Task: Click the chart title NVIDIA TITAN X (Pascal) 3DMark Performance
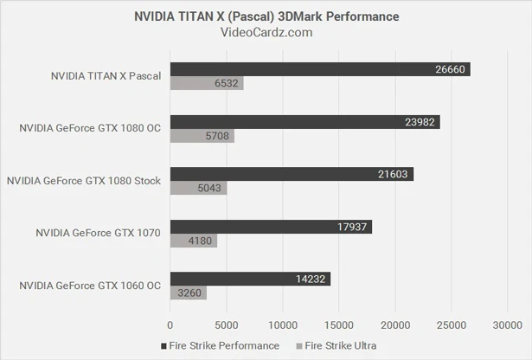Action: (x=266, y=16)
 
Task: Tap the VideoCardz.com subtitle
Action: (x=266, y=33)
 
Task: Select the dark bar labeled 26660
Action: (x=320, y=69)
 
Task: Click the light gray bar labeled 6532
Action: (x=207, y=84)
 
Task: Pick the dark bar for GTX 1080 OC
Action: (x=304, y=122)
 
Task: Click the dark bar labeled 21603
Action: (x=292, y=174)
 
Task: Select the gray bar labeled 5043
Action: (x=198, y=188)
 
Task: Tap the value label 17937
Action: (x=354, y=227)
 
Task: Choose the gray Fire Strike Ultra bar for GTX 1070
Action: (x=194, y=241)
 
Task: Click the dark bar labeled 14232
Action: (x=250, y=279)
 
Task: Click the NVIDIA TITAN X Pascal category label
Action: (x=106, y=76)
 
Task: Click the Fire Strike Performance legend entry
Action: (x=220, y=345)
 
